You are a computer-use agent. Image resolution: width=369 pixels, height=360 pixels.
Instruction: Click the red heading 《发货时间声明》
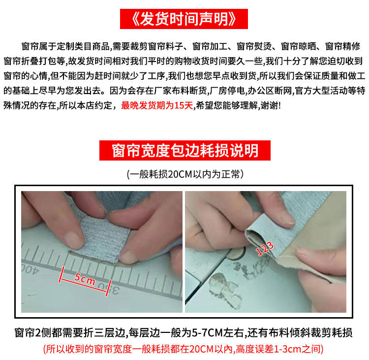(184, 19)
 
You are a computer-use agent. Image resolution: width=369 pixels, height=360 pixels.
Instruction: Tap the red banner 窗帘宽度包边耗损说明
(184, 151)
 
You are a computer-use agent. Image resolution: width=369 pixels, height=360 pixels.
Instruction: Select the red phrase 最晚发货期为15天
(157, 105)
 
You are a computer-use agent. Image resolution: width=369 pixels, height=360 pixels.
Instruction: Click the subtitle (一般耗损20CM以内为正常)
(185, 174)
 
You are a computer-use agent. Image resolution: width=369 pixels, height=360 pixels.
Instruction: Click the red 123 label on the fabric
(265, 248)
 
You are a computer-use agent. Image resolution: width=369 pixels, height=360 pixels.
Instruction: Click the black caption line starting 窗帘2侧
(184, 333)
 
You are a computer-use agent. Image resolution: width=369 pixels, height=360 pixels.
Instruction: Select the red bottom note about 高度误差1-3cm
(184, 349)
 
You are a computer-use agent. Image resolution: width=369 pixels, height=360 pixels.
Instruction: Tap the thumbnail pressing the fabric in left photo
(74, 240)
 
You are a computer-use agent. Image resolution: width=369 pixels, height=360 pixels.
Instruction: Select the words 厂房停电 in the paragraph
(227, 91)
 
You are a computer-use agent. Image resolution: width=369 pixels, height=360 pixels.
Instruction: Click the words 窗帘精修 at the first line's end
(343, 46)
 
